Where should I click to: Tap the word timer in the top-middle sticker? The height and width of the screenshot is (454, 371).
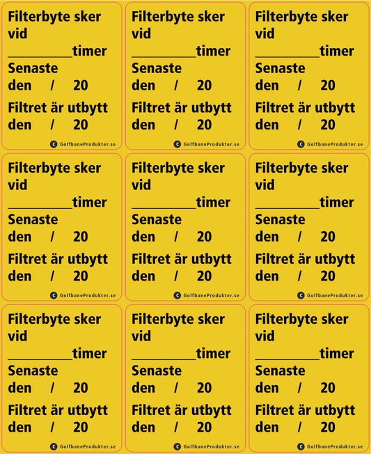pyautogui.click(x=213, y=51)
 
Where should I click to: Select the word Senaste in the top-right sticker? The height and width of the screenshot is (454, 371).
pyautogui.click(x=280, y=68)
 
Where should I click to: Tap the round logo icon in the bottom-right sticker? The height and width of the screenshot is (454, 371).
pyautogui.click(x=301, y=446)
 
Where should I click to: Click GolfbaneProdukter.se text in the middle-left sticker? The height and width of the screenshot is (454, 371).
pyautogui.click(x=88, y=295)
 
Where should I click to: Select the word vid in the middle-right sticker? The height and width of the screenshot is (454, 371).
pyautogui.click(x=265, y=185)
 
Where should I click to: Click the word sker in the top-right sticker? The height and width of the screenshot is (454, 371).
pyautogui.click(x=333, y=17)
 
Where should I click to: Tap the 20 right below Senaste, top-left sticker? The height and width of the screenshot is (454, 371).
pyautogui.click(x=81, y=86)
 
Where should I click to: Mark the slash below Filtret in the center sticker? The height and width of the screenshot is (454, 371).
pyautogui.click(x=176, y=276)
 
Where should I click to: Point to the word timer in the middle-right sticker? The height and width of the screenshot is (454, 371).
pyautogui.click(x=337, y=203)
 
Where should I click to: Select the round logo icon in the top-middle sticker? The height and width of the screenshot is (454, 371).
pyautogui.click(x=177, y=144)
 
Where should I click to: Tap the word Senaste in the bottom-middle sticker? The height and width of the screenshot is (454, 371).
pyautogui.click(x=156, y=371)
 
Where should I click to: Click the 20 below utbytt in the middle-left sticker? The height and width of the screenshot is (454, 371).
pyautogui.click(x=81, y=276)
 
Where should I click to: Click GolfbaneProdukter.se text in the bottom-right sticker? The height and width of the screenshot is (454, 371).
pyautogui.click(x=335, y=446)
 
